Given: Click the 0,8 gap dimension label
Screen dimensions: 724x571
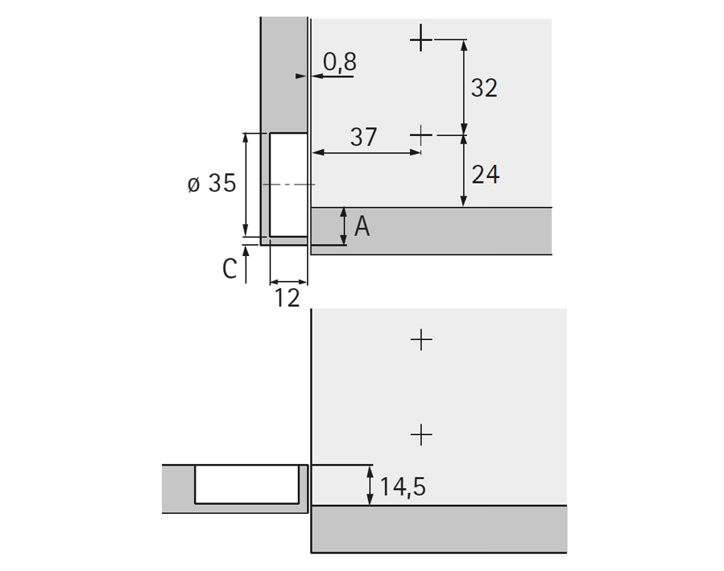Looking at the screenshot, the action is pyautogui.click(x=340, y=62).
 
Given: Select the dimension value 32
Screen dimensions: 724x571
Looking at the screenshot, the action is pyautogui.click(x=484, y=88).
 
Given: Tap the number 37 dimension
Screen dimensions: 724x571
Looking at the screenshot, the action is pyautogui.click(x=363, y=137).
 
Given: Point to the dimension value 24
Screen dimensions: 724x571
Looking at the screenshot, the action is pyautogui.click(x=486, y=175).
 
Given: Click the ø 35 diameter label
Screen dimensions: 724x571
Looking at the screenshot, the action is pyautogui.click(x=212, y=184).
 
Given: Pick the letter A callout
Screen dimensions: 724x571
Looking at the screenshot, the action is pyautogui.click(x=362, y=226).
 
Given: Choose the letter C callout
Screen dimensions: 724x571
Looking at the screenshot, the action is pyautogui.click(x=230, y=269).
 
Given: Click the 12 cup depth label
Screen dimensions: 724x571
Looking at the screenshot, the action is pyautogui.click(x=288, y=298).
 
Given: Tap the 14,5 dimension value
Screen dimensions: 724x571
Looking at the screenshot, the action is pyautogui.click(x=402, y=487).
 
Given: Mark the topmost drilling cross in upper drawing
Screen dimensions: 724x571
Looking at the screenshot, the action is pyautogui.click(x=421, y=39).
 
